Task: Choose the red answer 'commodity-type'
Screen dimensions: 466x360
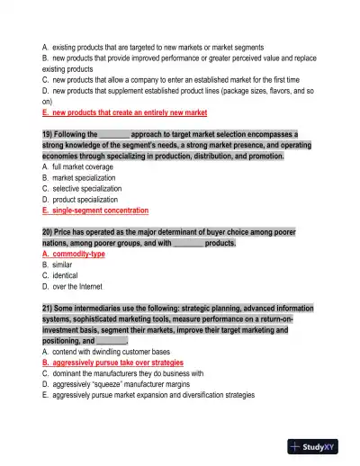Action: click(x=74, y=255)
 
